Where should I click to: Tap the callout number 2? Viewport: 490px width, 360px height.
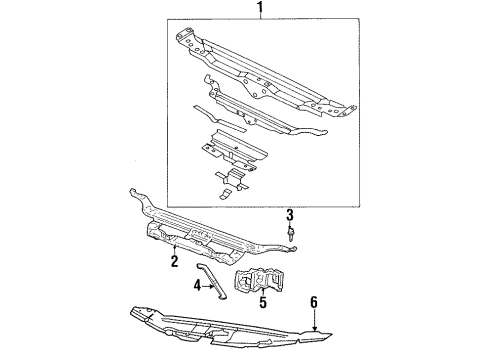click(174, 262)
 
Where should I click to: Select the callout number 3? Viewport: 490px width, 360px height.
click(289, 214)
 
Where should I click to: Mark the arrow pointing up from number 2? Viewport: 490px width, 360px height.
click(175, 247)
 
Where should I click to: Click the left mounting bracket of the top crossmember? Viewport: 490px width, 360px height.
click(185, 40)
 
